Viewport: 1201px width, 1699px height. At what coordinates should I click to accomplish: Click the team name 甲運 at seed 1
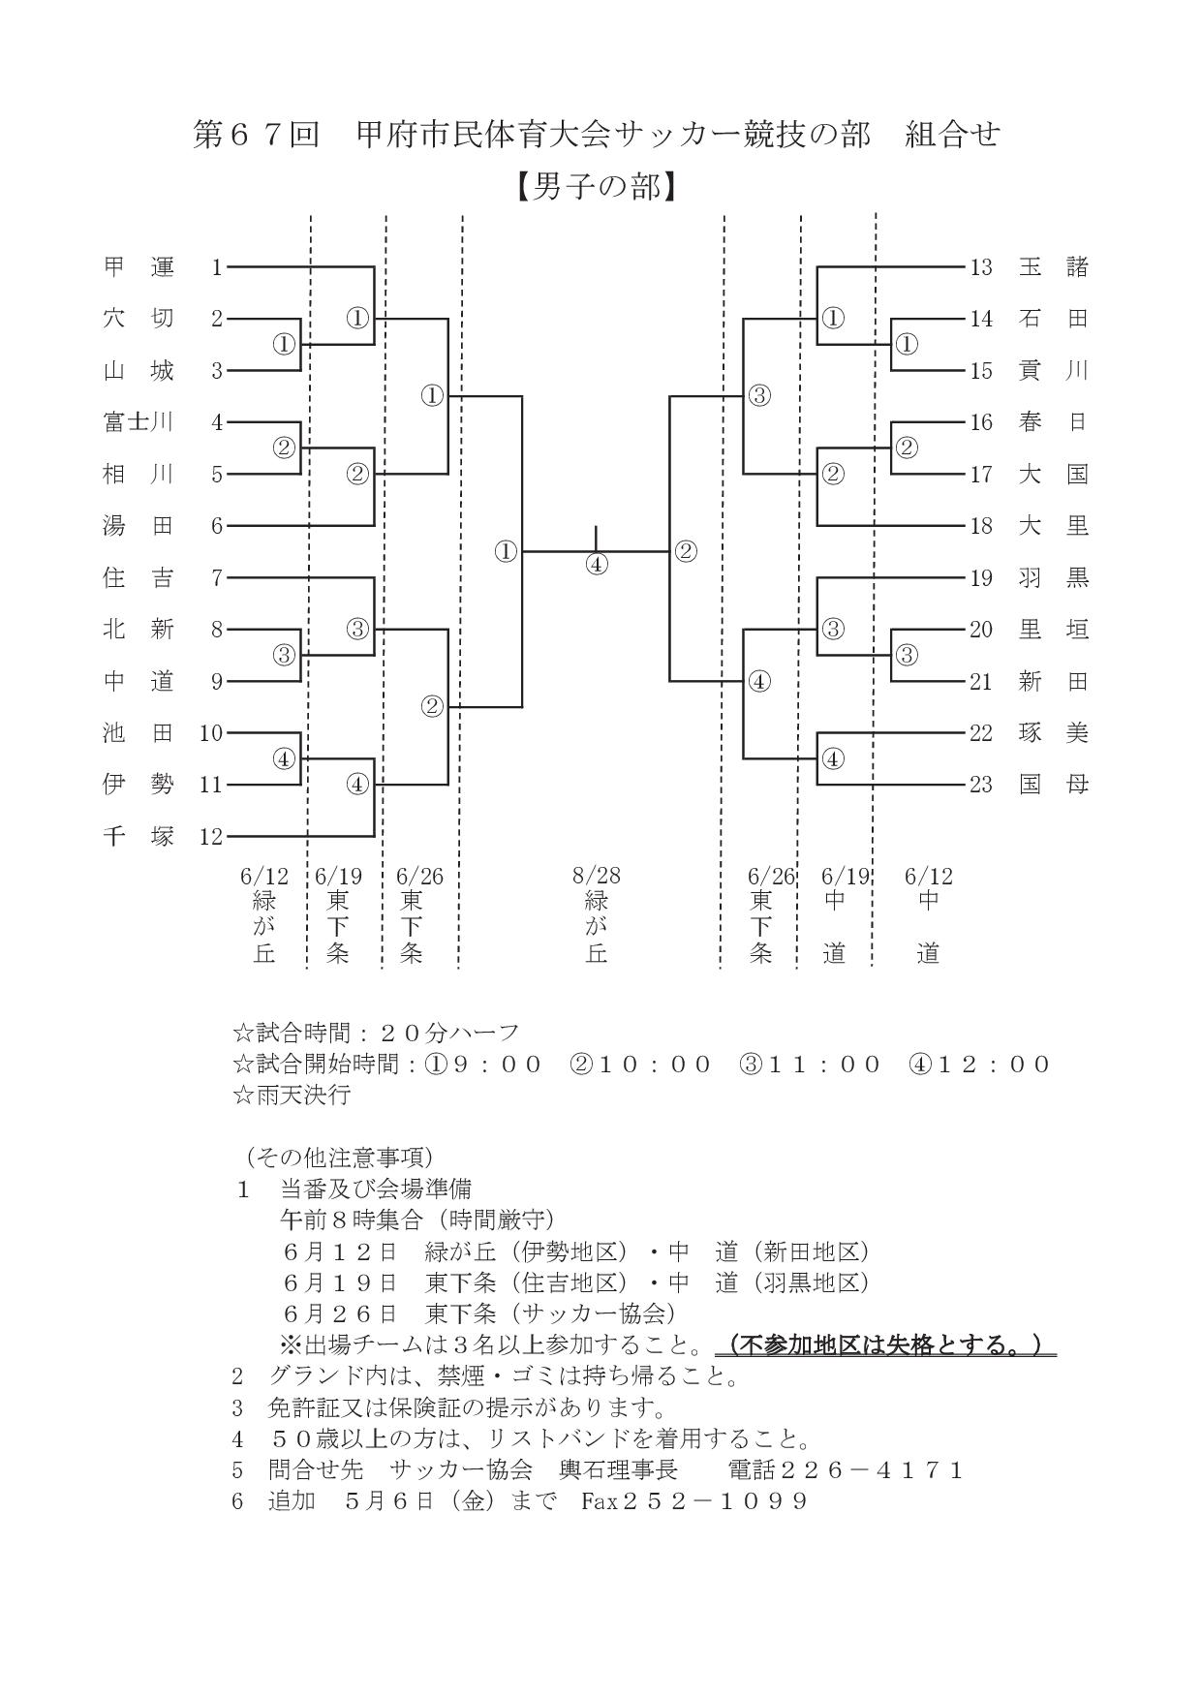coord(139,266)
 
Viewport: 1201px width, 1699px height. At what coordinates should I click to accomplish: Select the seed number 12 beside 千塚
coord(211,837)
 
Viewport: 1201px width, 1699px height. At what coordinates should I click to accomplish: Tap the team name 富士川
coord(139,421)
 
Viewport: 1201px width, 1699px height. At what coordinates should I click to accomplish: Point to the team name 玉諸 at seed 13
coord(1054,266)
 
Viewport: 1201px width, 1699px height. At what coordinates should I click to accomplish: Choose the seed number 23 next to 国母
coord(981,785)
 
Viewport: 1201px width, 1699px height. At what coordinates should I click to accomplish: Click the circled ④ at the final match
coord(597,564)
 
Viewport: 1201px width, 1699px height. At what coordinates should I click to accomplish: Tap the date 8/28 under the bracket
coord(597,876)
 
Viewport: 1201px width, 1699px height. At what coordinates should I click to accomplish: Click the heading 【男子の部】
coord(596,185)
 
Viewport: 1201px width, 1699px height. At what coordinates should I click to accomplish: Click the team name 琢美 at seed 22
coord(1054,733)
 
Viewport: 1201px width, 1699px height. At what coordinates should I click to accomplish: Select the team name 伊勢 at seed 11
coord(139,785)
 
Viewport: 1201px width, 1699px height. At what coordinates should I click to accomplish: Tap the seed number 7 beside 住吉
coord(217,578)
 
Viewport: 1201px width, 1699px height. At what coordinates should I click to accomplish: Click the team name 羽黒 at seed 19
coord(1054,578)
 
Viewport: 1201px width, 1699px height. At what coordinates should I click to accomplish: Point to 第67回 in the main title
coord(257,135)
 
